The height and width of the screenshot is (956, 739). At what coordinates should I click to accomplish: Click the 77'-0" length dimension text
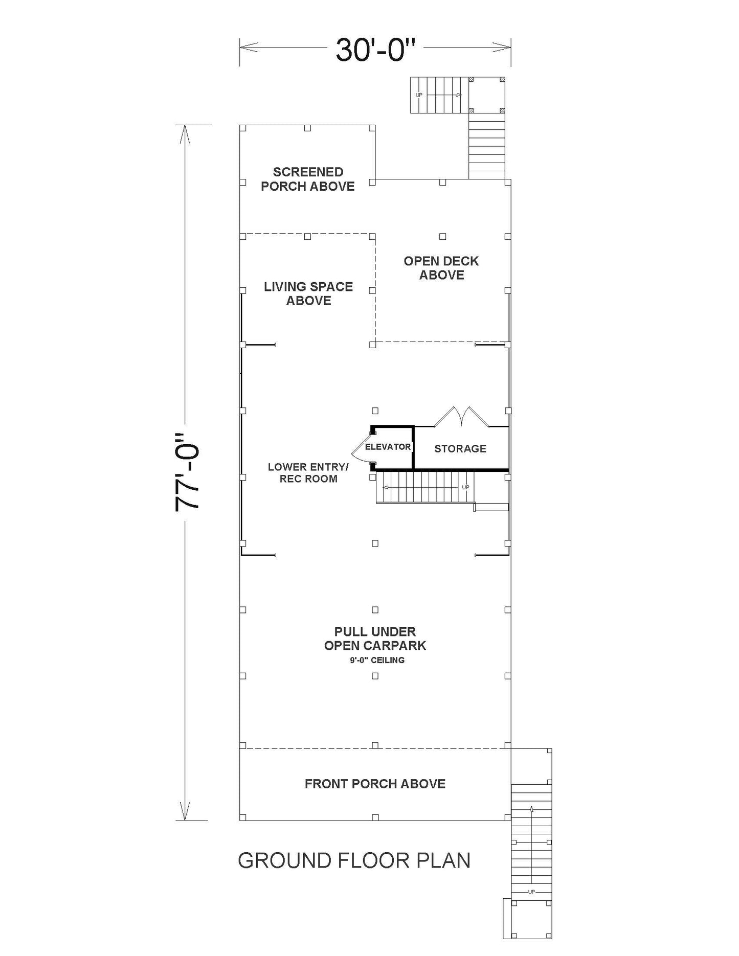tap(187, 472)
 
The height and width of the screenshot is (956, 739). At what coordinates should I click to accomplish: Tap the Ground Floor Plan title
tap(354, 860)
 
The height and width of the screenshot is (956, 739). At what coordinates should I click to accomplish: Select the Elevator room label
tap(388, 447)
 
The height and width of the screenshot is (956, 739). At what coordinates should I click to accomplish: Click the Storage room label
tap(460, 449)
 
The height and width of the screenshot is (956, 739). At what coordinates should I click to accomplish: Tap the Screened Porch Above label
tap(308, 179)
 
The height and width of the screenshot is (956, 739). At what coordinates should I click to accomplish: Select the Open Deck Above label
tap(441, 268)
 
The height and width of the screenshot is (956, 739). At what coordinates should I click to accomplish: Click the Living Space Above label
tap(308, 293)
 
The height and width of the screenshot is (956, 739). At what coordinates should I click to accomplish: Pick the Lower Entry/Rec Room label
tap(308, 473)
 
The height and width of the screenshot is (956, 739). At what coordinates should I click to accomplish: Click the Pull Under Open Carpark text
tap(375, 639)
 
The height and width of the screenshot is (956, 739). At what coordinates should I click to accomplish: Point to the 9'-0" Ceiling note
tap(377, 660)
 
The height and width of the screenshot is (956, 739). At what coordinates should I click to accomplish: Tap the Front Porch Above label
tap(375, 784)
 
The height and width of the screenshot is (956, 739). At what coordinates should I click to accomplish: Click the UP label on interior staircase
tap(465, 487)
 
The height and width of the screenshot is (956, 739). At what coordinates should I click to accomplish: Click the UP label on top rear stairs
tap(419, 95)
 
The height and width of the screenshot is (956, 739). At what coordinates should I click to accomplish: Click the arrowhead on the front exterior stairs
tap(532, 809)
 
